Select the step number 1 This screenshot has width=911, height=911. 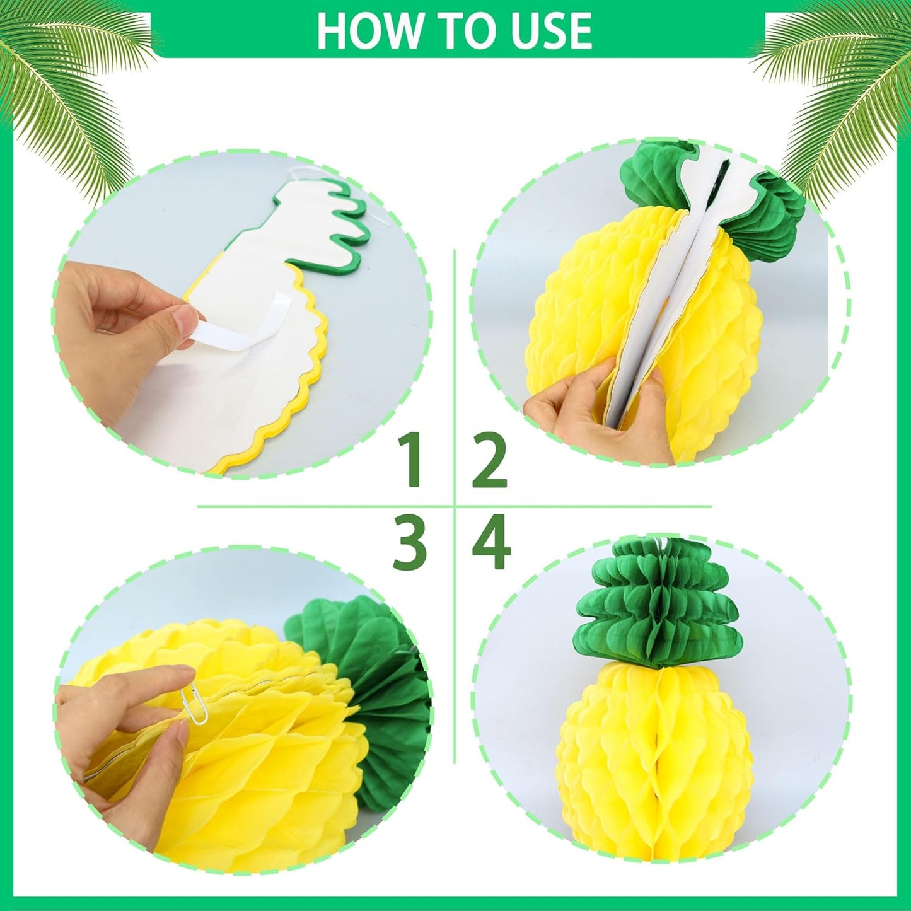click(414, 462)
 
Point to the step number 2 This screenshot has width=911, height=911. click(490, 462)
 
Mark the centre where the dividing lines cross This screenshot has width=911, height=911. click(455, 506)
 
